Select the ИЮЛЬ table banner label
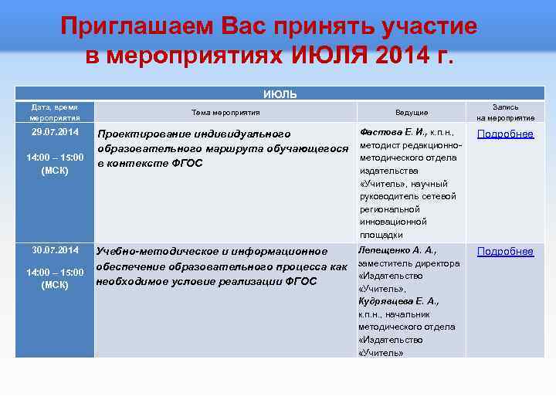point(277,94)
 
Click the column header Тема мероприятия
point(225,112)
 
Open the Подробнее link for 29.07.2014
point(505,134)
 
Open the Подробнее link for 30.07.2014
point(505,251)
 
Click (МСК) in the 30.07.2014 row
point(55,285)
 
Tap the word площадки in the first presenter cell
point(381,234)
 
